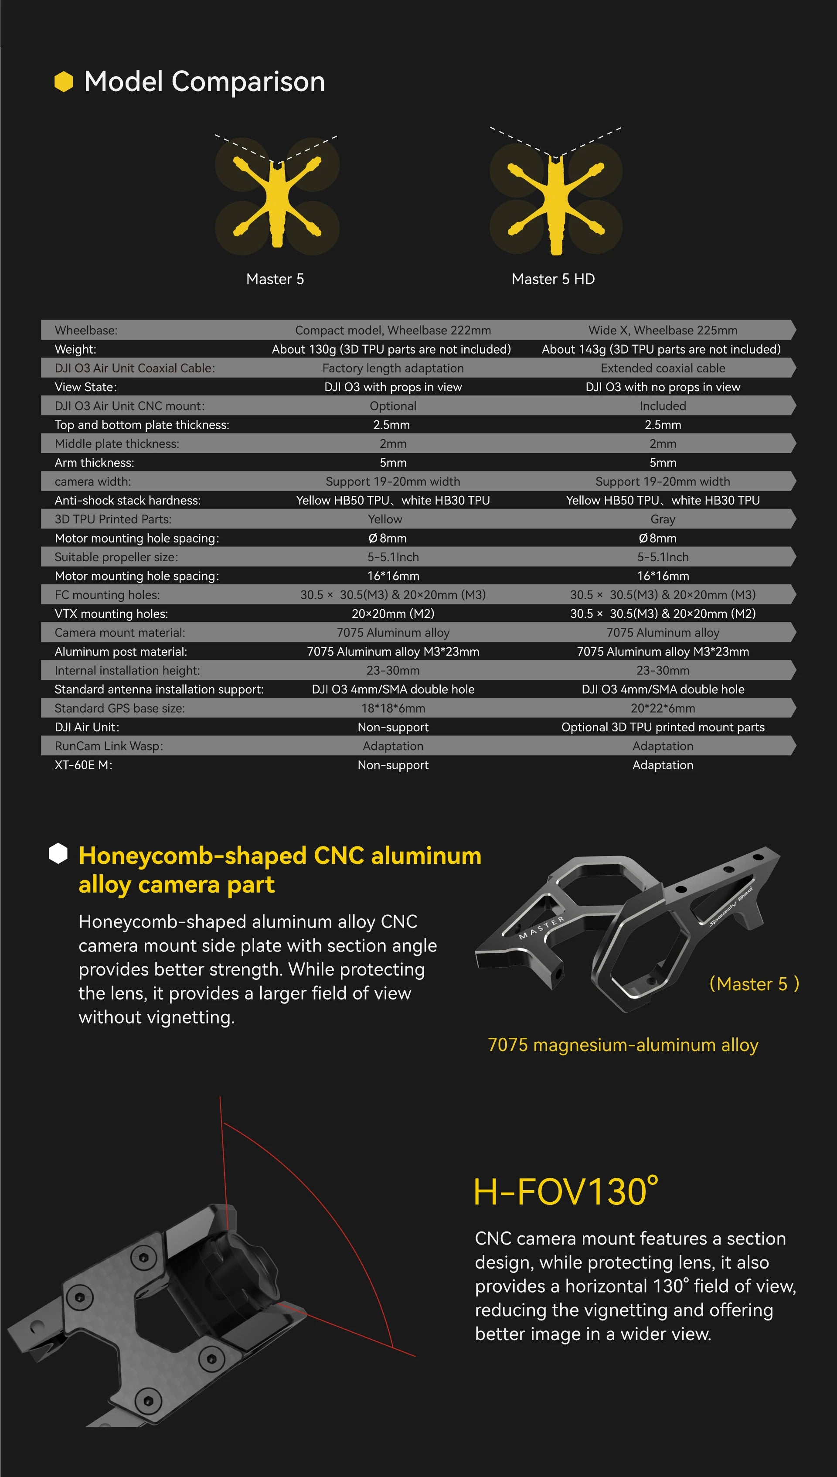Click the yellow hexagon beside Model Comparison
[x=64, y=82]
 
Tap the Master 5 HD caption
[x=553, y=280]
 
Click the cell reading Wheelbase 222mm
[x=393, y=331]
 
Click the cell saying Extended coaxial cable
[x=662, y=368]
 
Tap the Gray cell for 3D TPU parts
[x=662, y=520]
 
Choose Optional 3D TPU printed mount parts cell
[x=662, y=727]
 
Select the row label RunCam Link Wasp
[x=109, y=746]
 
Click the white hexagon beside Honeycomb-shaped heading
[x=58, y=854]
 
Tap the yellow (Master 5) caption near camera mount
[x=754, y=984]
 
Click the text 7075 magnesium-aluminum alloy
[x=623, y=1045]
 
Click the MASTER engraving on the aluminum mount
[x=541, y=928]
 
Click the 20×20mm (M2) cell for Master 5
[x=393, y=614]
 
